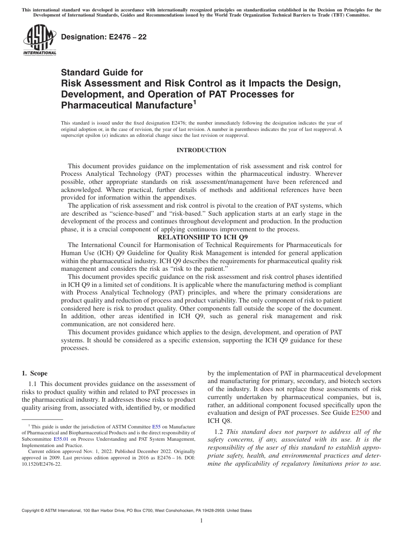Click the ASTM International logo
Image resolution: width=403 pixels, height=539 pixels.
coord(39,40)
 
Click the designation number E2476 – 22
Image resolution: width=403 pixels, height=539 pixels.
coord(104,37)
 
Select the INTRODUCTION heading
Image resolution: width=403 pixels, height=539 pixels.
coord(201,150)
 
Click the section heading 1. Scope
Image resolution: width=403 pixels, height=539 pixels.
coord(34,373)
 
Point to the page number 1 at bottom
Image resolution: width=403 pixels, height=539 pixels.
coord(201,520)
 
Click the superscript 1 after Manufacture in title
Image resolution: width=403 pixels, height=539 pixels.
coord(195,102)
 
